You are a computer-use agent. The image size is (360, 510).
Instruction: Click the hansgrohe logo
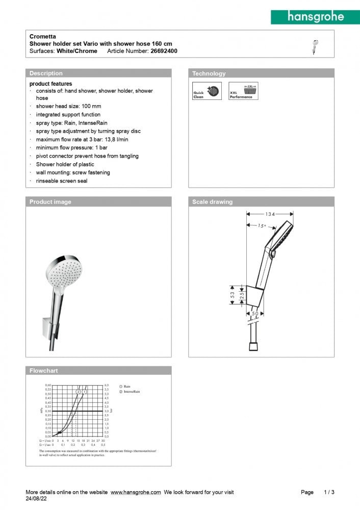point(316,16)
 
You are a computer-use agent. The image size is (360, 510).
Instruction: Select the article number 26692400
point(164,51)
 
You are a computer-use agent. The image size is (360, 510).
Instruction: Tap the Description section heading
point(46,73)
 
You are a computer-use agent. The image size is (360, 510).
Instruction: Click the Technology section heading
point(209,73)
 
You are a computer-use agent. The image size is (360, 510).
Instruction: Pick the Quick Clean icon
point(207,91)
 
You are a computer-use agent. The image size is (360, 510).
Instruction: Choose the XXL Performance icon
point(243,91)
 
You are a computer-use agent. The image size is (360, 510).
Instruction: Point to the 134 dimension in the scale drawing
point(270,214)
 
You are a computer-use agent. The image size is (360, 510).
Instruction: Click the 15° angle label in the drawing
point(263,225)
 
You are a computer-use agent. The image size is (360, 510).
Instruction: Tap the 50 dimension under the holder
point(255,313)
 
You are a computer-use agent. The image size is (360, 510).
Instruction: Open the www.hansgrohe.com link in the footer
point(136,492)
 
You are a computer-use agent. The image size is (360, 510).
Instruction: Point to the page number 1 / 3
point(329,492)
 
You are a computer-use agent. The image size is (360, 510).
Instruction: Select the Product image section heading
point(50,202)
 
